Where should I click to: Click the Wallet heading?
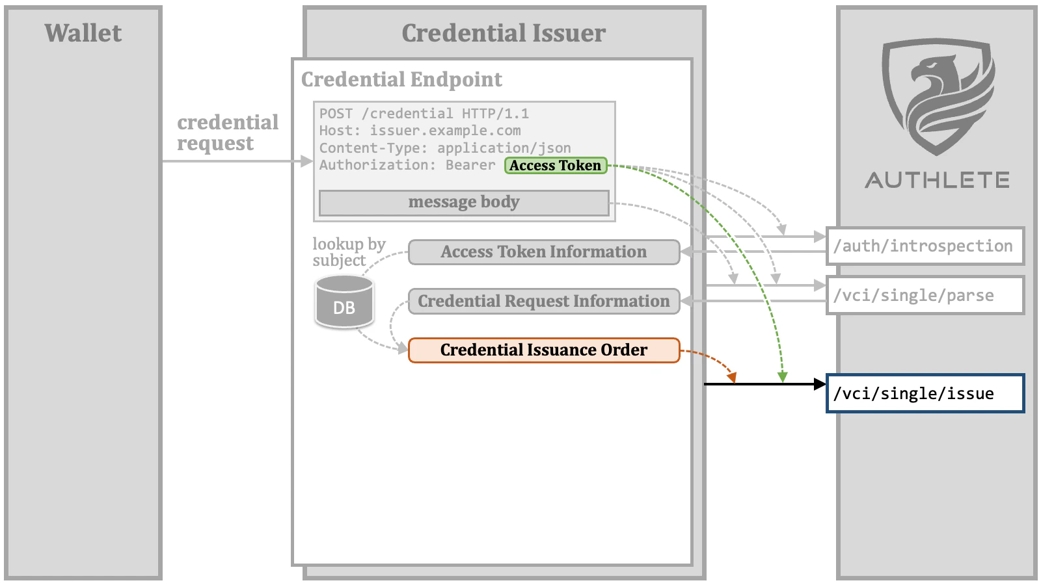[83, 33]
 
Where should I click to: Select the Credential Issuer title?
[504, 33]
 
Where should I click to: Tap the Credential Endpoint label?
[401, 79]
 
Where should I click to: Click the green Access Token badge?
[556, 166]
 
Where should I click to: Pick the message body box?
[464, 202]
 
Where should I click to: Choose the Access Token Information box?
[544, 252]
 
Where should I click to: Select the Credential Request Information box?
[544, 302]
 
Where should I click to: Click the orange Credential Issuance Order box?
[544, 350]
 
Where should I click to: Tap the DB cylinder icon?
[344, 302]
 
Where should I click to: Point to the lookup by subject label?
[348, 252]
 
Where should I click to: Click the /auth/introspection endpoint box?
[925, 246]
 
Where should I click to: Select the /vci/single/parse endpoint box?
[925, 296]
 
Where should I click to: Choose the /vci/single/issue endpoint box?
[925, 393]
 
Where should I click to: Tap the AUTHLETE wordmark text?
[938, 180]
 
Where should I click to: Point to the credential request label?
[227, 133]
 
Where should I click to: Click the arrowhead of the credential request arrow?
[307, 161]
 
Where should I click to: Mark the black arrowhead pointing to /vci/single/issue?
[820, 384]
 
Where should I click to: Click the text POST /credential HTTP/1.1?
[424, 114]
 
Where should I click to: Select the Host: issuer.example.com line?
[420, 131]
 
